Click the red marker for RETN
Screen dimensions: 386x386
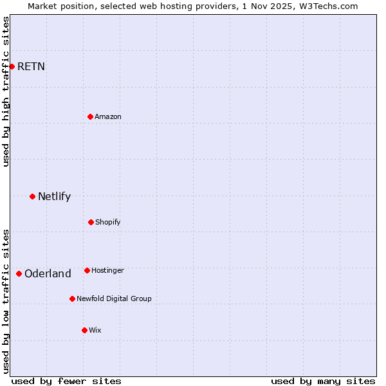pyautogui.click(x=12, y=66)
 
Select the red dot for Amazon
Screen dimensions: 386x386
pyautogui.click(x=90, y=116)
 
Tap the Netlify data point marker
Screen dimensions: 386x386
pyautogui.click(x=32, y=196)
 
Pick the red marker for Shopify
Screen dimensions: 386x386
pyautogui.click(x=91, y=222)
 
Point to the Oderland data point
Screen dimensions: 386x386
pyautogui.click(x=19, y=273)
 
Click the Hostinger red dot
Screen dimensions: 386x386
pyautogui.click(x=87, y=270)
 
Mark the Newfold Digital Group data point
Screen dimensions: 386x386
pyautogui.click(x=72, y=299)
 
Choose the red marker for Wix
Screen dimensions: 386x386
pyautogui.click(x=84, y=330)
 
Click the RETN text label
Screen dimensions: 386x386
pyautogui.click(x=31, y=66)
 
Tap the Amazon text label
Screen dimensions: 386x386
pyautogui.click(x=108, y=116)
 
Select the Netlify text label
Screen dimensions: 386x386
pyautogui.click(x=54, y=196)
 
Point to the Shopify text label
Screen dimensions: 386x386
pyautogui.click(x=108, y=222)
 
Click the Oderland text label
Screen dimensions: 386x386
pyautogui.click(x=48, y=273)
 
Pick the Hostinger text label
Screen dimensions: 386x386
pyautogui.click(x=107, y=270)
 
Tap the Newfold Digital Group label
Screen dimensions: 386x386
pyautogui.click(x=114, y=299)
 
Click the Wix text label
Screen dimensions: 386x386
pyautogui.click(x=95, y=330)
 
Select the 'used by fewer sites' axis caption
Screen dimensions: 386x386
pyautogui.click(x=66, y=381)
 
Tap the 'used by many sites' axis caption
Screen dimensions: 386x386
pyautogui.click(x=323, y=381)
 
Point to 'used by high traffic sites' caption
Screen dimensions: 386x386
pyautogui.click(x=6, y=91)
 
